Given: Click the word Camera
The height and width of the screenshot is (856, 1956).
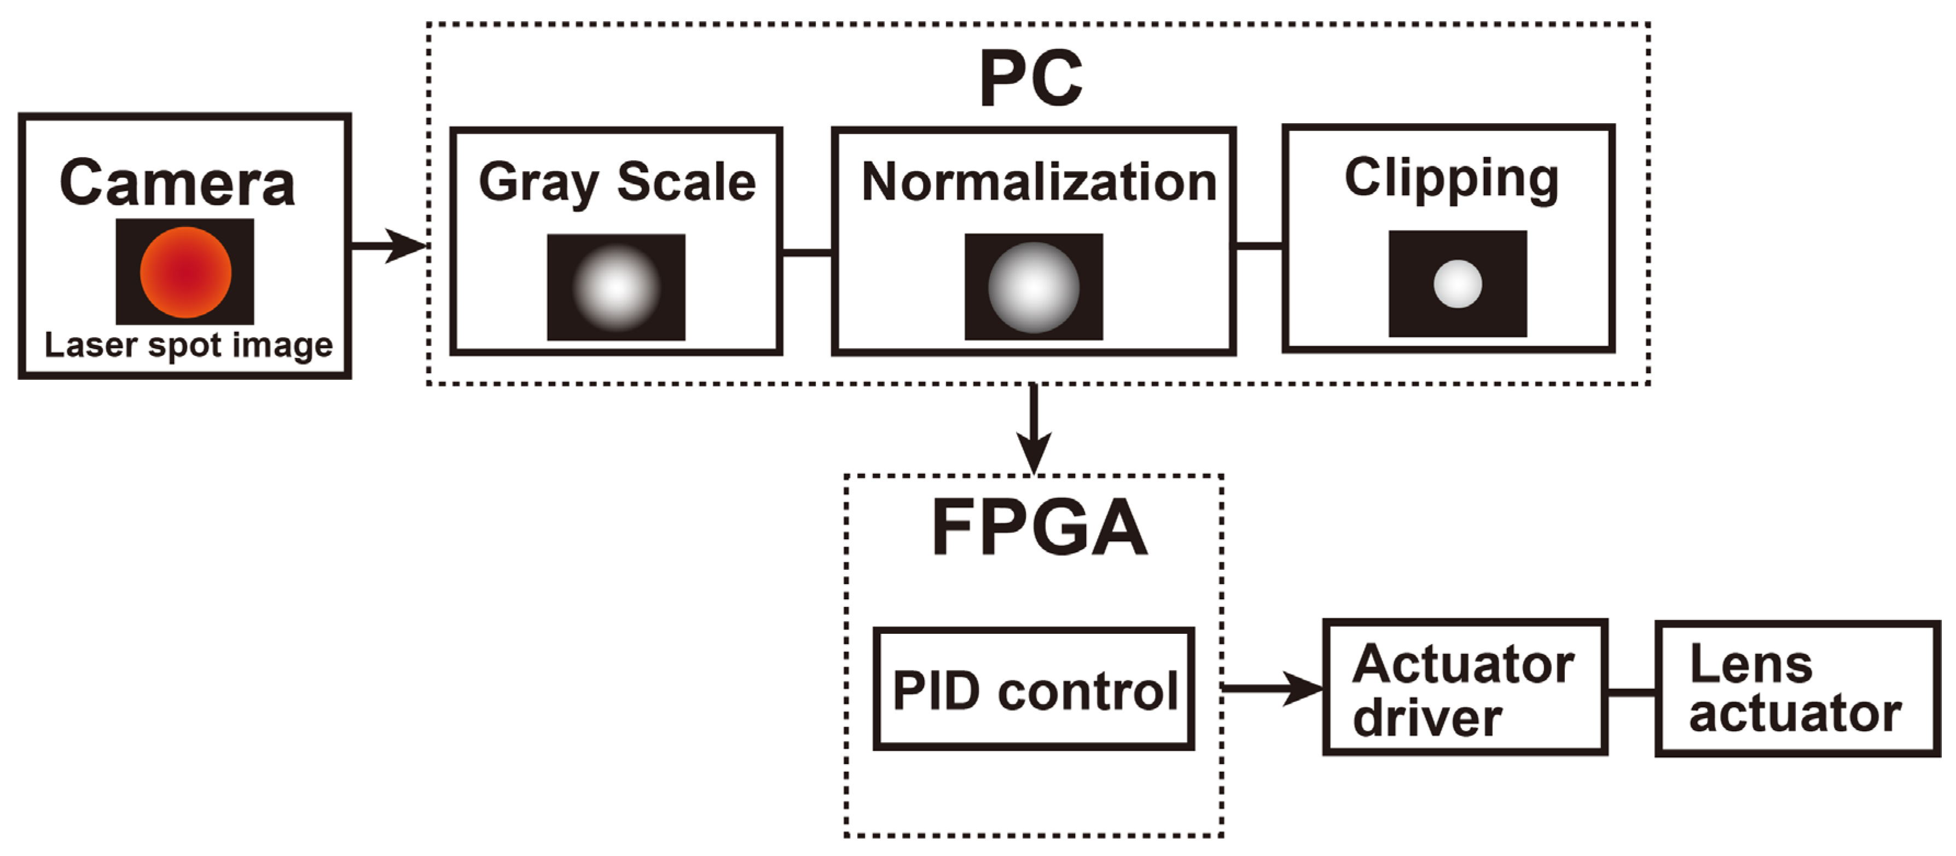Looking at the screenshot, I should (176, 184).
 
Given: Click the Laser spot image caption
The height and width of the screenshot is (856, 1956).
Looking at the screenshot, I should (188, 345).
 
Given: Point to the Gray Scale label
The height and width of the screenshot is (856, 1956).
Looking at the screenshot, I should (617, 183).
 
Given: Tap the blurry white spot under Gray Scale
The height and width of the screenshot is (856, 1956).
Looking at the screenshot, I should (616, 287).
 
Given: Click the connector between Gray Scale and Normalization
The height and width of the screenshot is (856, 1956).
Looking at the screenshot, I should (806, 252).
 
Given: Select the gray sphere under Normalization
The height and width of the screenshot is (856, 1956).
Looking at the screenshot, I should (1034, 287).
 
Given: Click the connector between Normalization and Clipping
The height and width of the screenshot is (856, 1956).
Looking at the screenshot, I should (1258, 245).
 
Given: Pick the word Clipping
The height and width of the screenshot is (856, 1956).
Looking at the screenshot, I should (1451, 178).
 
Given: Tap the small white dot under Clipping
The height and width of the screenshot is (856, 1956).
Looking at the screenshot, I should (1457, 284).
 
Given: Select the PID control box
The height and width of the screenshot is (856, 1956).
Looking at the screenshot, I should (1034, 690).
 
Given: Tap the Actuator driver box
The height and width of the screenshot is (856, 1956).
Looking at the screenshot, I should (1465, 688).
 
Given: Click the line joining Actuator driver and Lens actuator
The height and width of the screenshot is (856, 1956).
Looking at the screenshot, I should (1631, 692).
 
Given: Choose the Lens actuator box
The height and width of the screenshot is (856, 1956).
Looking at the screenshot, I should (1797, 689).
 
